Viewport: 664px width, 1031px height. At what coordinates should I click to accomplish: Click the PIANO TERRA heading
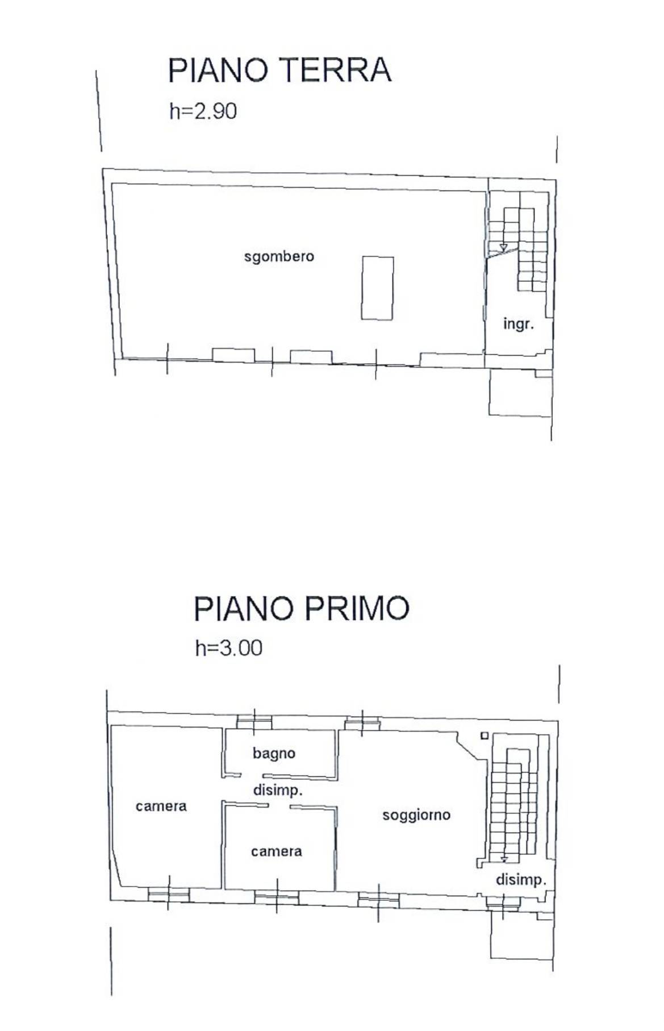tap(279, 70)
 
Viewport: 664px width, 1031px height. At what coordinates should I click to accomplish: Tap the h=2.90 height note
tap(203, 111)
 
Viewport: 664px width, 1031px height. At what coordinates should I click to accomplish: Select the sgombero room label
tap(279, 256)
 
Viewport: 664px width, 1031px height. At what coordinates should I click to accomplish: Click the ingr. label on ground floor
tap(519, 325)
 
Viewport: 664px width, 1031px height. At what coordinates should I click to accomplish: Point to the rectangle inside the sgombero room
tap(378, 288)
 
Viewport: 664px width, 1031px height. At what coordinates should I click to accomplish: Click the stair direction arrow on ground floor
tap(503, 247)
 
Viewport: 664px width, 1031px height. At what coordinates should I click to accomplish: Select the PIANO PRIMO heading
tap(301, 608)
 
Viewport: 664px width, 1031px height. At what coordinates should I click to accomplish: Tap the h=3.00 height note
tap(228, 648)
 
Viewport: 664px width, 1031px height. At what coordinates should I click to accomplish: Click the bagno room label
tap(274, 754)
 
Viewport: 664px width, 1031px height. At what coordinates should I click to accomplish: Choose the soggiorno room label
tap(416, 815)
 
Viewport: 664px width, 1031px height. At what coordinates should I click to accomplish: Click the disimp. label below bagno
tap(278, 790)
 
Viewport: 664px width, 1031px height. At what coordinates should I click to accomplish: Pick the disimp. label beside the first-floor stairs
tap(521, 880)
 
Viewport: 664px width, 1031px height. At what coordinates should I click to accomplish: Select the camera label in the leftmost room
tap(161, 806)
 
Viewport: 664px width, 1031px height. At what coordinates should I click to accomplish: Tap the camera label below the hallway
tap(277, 851)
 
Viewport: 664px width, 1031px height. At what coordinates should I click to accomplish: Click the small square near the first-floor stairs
tap(485, 735)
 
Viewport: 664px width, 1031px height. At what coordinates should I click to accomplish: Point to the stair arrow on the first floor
tap(504, 858)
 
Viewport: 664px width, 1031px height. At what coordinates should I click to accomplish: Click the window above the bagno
tap(254, 722)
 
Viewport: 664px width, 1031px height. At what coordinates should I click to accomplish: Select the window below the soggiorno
tap(378, 899)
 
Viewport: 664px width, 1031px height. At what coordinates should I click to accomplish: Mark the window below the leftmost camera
tap(168, 894)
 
